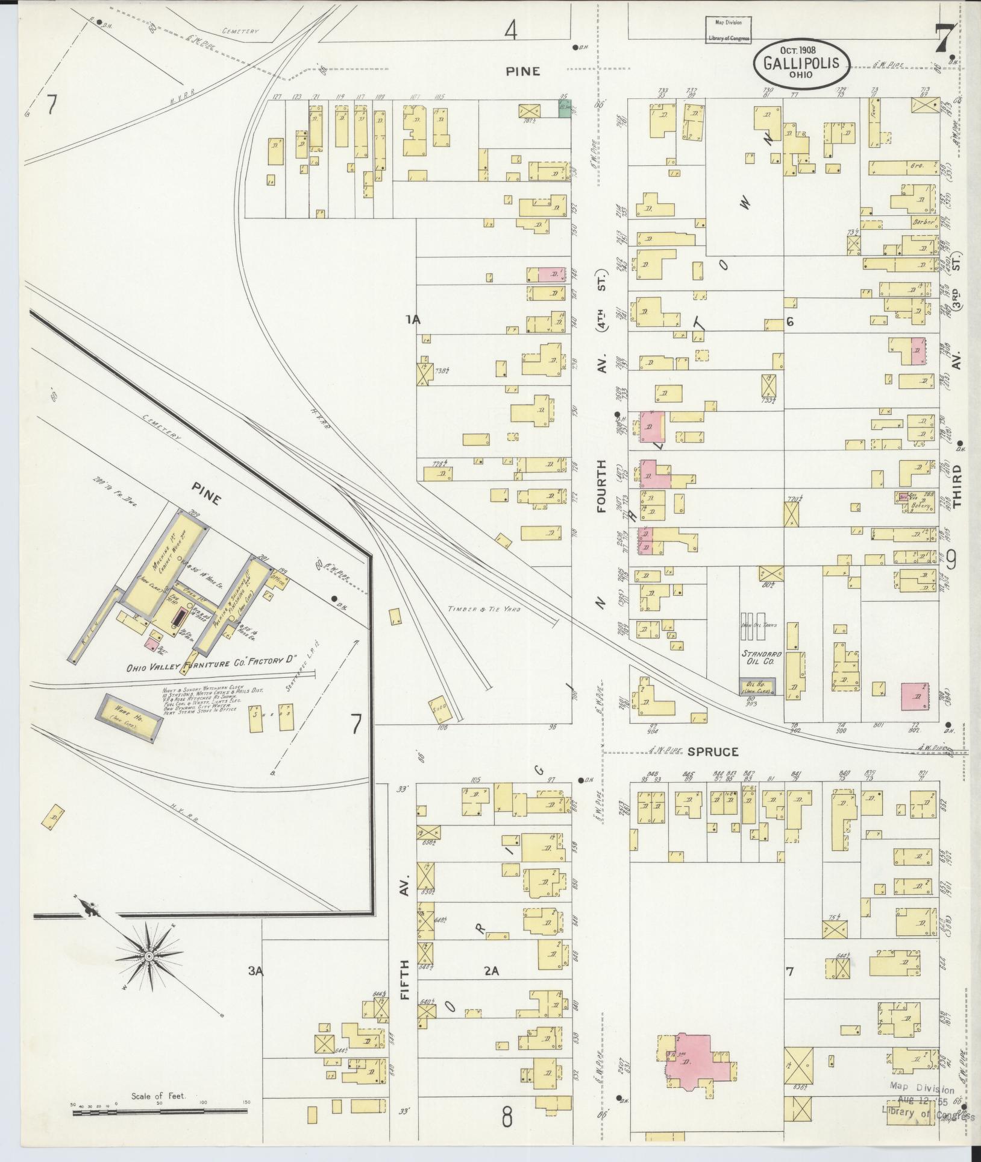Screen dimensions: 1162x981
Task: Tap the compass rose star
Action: coord(148,956)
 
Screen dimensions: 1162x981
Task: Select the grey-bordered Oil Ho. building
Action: coord(757,686)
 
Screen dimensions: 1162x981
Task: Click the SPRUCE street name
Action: coord(713,752)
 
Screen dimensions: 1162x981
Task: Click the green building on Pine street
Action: coord(564,110)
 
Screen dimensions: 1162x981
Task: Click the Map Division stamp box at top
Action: coord(728,30)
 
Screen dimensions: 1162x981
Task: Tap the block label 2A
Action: coord(492,971)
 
